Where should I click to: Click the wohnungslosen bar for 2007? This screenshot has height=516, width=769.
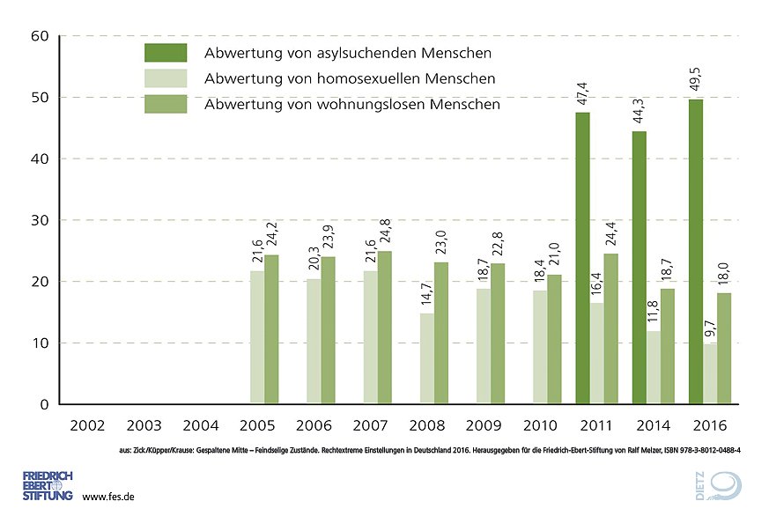(x=385, y=328)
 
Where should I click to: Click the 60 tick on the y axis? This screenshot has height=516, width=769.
(x=39, y=36)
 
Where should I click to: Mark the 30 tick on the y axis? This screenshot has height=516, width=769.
(x=39, y=220)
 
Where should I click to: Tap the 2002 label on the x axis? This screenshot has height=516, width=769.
(x=89, y=425)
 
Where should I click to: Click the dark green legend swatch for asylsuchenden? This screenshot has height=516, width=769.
(x=166, y=53)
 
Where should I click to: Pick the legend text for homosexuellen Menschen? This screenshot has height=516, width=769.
(x=349, y=79)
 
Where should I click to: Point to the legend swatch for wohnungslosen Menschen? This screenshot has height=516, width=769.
(x=166, y=104)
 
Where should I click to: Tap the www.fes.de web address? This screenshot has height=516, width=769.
(x=107, y=498)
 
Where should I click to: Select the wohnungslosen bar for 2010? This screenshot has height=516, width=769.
(x=554, y=339)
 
